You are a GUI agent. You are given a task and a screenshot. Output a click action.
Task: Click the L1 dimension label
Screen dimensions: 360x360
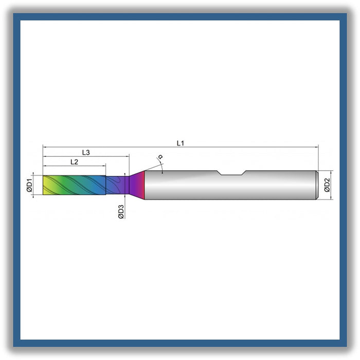[x=180, y=143]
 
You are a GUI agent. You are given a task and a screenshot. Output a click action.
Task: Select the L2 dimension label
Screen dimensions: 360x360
[x=74, y=162]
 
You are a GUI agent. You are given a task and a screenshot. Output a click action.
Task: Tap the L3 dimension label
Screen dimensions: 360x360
[x=86, y=152]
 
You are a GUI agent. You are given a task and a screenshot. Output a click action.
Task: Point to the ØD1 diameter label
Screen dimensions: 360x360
[x=29, y=186]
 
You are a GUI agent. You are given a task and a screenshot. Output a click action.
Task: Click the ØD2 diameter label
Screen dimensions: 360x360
[x=327, y=185]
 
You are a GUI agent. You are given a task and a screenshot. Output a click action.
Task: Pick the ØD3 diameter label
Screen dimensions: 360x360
[x=121, y=212]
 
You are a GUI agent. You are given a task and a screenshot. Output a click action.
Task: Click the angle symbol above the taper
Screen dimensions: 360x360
[x=160, y=157]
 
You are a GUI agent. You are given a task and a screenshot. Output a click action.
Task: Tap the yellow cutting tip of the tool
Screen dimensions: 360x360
[x=47, y=185]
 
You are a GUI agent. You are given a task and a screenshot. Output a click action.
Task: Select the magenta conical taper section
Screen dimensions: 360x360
[x=137, y=185]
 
